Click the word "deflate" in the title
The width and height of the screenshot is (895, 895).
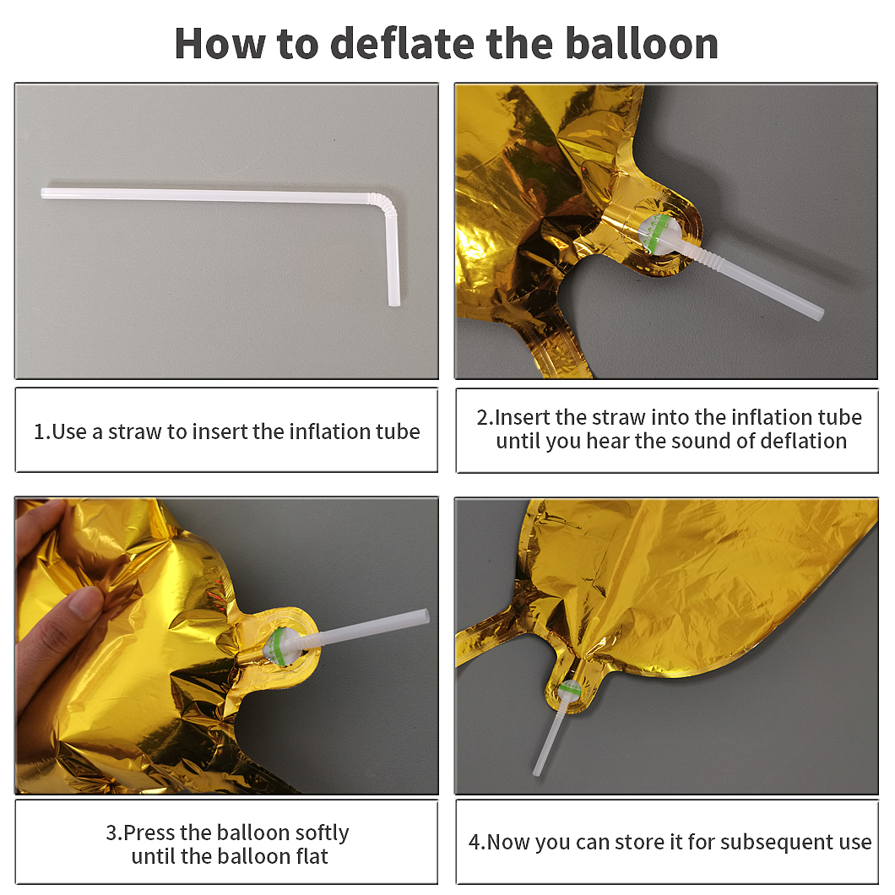pyautogui.click(x=403, y=43)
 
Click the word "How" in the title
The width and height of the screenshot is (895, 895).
pyautogui.click(x=220, y=43)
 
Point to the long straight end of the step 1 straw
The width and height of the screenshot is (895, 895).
pyautogui.click(x=45, y=193)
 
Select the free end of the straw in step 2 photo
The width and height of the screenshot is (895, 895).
pyautogui.click(x=818, y=312)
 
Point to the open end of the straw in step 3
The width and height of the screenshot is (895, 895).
pyautogui.click(x=424, y=616)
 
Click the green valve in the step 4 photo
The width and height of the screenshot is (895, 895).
pyautogui.click(x=570, y=691)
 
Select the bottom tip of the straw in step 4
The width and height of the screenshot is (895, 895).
pyautogui.click(x=536, y=772)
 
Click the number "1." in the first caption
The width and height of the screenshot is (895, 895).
pyautogui.click(x=41, y=431)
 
